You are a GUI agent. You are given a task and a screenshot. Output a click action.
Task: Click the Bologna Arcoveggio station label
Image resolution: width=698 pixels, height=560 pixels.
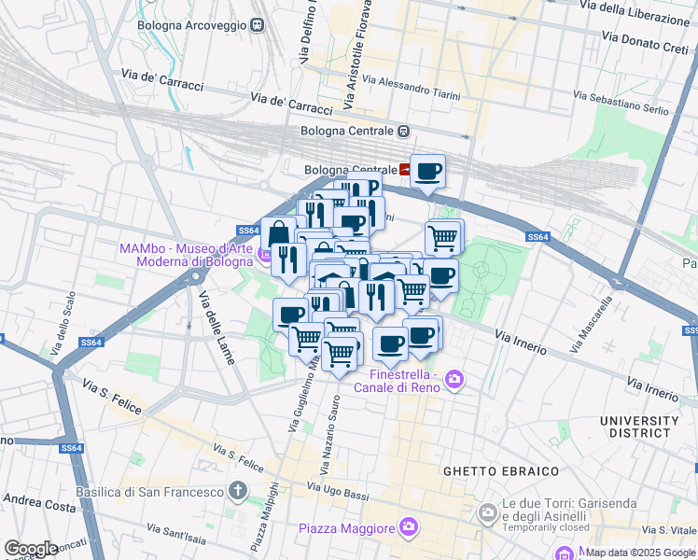point(191,25)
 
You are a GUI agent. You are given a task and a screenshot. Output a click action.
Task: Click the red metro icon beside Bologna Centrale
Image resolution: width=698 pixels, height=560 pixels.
point(406,170)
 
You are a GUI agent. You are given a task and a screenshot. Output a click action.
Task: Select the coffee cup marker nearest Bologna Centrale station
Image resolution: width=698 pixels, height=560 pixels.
point(428,172)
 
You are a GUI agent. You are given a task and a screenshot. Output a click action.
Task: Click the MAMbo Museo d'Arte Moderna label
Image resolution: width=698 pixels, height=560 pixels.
point(186,255)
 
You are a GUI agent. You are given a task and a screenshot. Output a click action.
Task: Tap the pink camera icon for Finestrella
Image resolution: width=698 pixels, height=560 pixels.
point(454,379)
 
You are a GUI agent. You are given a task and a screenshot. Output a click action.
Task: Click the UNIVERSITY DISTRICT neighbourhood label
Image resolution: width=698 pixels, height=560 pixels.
point(639,427)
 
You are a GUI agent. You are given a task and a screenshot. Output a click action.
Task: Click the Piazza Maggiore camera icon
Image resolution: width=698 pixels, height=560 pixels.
point(408,529)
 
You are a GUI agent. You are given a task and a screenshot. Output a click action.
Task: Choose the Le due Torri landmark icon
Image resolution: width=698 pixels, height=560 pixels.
point(486,512)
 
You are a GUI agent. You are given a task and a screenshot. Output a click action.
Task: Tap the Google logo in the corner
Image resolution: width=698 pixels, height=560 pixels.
point(31,549)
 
